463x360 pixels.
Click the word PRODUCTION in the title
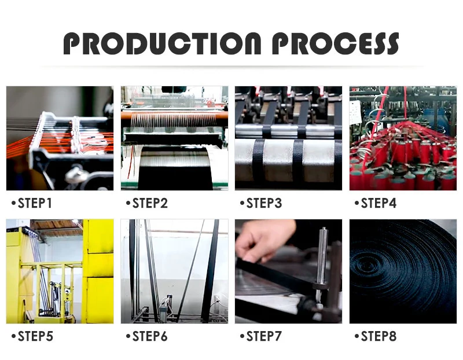(163, 43)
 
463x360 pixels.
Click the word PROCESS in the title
(336, 43)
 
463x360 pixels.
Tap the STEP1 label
(35, 203)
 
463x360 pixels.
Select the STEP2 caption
(150, 203)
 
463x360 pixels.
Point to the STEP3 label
(264, 203)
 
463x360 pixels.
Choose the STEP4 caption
(379, 203)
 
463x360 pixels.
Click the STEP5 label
(35, 336)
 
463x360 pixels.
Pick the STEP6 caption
(150, 336)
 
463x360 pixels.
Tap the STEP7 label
(264, 336)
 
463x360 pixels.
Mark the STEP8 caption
(379, 336)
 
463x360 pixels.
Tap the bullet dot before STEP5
(13, 336)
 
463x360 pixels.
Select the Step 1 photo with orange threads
(60, 138)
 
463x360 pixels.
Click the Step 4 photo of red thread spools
(403, 138)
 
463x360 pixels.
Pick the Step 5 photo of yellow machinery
(60, 271)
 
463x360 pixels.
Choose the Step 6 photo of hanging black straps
(175, 271)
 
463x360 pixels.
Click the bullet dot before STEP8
(357, 336)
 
